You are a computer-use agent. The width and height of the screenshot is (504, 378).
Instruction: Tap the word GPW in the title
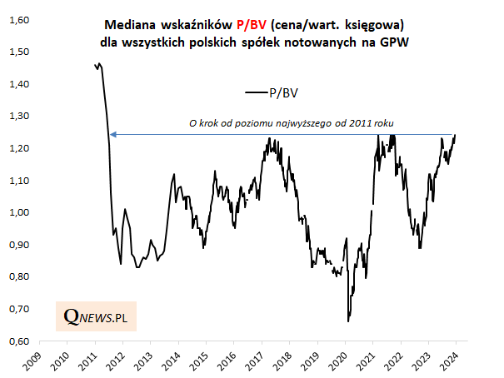click(x=395, y=41)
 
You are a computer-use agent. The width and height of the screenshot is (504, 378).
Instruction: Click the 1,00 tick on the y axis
click(x=17, y=213)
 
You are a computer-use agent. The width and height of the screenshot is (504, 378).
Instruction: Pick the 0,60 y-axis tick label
click(x=17, y=341)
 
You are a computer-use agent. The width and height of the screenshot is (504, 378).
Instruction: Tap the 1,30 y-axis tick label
click(x=17, y=117)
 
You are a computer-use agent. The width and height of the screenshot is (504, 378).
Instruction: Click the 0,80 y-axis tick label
click(x=17, y=277)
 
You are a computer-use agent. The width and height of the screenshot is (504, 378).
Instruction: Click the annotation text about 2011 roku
click(x=292, y=123)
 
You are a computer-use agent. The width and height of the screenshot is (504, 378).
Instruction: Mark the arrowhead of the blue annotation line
click(x=112, y=134)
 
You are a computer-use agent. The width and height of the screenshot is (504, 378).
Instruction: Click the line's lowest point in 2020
click(x=348, y=321)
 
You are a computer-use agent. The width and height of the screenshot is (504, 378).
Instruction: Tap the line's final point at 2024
click(x=455, y=135)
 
